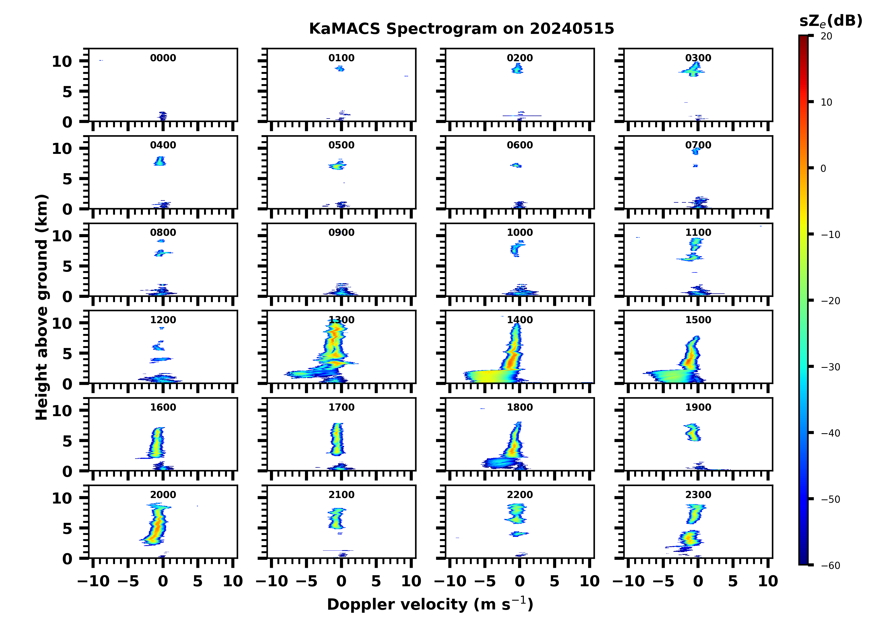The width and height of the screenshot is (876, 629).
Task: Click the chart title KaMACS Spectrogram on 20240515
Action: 462,29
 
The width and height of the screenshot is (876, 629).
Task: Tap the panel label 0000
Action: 163,58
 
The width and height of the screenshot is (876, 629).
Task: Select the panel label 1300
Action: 341,320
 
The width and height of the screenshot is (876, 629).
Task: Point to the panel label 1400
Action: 520,320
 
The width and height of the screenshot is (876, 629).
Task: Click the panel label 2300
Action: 698,494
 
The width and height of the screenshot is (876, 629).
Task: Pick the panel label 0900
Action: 341,232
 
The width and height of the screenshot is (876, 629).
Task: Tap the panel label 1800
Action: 520,407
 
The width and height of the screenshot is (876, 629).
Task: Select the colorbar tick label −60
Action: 831,566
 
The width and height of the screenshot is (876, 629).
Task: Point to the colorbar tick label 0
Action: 823,168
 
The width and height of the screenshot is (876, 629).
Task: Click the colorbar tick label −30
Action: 831,367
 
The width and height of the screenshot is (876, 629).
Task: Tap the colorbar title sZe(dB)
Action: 831,21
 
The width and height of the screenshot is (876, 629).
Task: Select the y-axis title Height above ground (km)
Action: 42,307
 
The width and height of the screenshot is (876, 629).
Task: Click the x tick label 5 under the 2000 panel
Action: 198,581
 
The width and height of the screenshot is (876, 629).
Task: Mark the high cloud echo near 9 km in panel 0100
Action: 340,69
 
